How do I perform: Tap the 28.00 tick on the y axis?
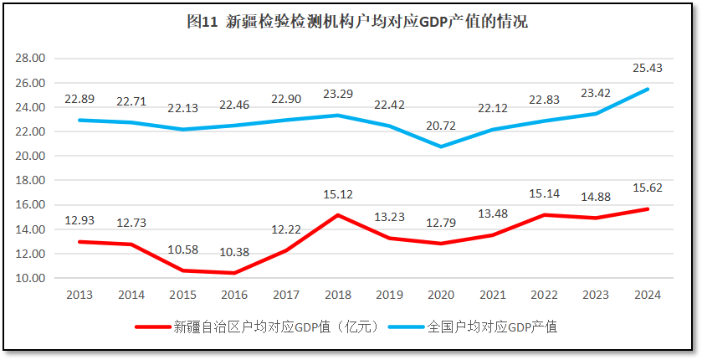31,59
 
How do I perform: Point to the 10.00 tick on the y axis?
31,278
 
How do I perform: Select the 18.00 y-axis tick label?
31,180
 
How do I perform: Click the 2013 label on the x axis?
79,295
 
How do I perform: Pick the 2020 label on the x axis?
441,295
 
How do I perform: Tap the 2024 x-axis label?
648,295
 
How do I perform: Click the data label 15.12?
338,195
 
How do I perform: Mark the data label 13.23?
389,218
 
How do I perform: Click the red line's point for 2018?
338,215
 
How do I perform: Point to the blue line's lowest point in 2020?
441,147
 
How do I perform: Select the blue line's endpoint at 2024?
647,90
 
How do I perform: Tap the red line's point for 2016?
234,273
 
